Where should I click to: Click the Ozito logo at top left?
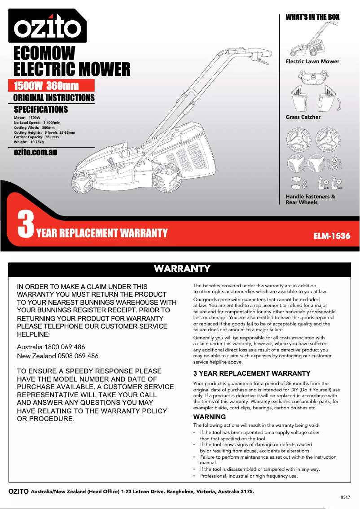point(47,26)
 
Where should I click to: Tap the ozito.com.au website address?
point(35,152)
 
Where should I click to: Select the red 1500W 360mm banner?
point(52,86)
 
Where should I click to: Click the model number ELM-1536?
point(331,236)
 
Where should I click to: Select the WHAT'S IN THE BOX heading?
point(312,17)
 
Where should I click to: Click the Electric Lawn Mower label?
point(312,61)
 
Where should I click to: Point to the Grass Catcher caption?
point(303,117)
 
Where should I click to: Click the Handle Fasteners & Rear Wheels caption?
point(310,199)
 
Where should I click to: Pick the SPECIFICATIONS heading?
point(41,110)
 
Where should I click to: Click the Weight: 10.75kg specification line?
point(29,142)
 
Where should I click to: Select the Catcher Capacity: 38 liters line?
point(36,137)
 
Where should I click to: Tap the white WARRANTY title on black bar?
point(182,269)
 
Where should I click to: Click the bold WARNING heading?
point(209,417)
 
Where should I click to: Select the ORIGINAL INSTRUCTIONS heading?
point(54,98)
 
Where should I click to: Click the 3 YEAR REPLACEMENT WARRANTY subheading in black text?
point(251,373)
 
